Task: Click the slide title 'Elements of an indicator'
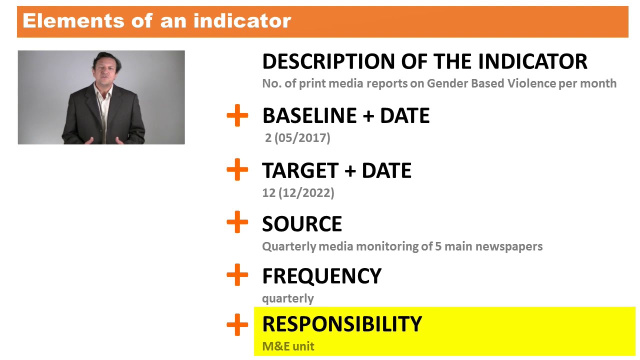(156, 21)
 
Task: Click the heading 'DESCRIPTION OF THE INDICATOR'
(424, 61)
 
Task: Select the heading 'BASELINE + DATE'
(345, 116)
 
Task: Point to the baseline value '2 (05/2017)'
(297, 138)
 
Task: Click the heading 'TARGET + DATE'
(336, 171)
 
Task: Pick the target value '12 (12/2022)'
(298, 193)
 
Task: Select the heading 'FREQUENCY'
(321, 276)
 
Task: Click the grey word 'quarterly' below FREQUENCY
(288, 298)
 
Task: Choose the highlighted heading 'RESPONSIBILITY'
(342, 324)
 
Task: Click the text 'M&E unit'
(288, 346)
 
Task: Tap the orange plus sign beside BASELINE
(237, 116)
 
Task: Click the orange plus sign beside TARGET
(237, 170)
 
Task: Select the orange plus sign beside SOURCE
(237, 222)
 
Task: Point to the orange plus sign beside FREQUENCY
(237, 275)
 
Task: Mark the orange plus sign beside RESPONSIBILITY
(237, 325)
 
